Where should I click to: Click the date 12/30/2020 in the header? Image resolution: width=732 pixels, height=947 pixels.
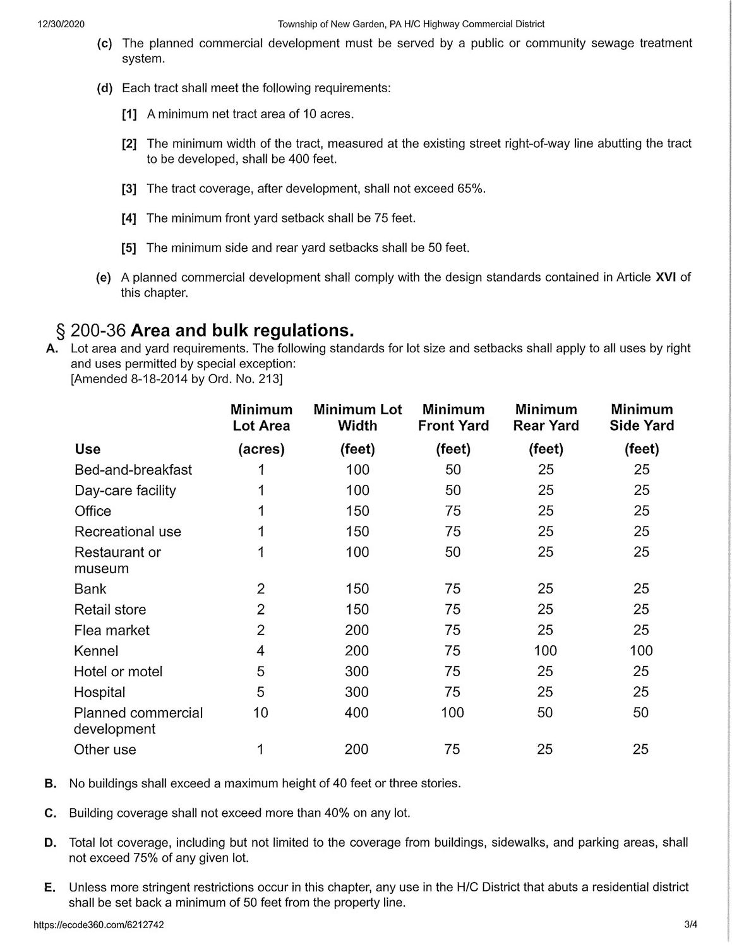point(61,24)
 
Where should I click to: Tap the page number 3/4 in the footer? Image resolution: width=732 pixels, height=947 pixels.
point(690,925)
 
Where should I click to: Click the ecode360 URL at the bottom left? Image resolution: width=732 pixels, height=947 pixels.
point(99,925)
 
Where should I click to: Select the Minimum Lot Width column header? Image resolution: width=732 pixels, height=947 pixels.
point(357,417)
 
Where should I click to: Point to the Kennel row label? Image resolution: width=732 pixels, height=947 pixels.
point(96,651)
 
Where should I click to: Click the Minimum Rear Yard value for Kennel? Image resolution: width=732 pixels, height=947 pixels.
point(545,651)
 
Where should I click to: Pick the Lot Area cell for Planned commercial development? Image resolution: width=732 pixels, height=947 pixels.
point(260,713)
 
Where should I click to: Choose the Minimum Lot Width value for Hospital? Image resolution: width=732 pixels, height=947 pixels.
point(357,692)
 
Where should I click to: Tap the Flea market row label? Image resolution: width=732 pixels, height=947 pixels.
point(112,630)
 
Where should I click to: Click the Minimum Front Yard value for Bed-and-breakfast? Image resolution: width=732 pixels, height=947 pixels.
point(453,470)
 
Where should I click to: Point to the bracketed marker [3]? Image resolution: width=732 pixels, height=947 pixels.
point(129,189)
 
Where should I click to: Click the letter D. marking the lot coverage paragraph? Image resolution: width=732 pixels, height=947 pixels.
point(51,842)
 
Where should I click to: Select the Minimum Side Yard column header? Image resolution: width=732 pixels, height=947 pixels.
point(642,417)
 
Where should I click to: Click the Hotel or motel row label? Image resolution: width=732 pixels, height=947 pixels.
point(118,671)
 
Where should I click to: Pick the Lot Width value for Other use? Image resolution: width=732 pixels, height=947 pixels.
point(357,749)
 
